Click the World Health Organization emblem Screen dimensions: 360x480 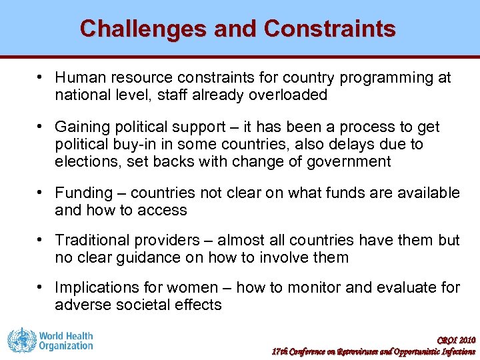click(x=21, y=340)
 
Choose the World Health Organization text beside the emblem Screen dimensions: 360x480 click(x=65, y=341)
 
